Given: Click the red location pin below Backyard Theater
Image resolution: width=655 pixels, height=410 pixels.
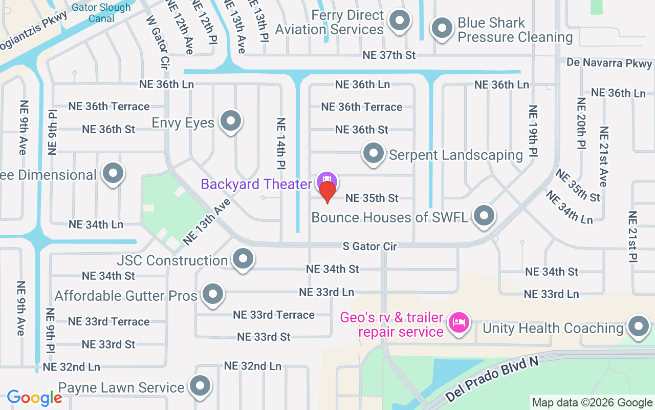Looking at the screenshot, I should pos(327,192).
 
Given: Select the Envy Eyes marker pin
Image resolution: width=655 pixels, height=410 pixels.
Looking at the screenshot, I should pos(230,121).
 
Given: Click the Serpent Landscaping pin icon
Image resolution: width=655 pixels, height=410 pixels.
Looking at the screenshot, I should pos(374,153).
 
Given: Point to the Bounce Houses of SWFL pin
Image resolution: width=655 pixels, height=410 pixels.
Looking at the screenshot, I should pos(484,216).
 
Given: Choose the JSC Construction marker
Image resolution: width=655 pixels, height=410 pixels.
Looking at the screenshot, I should pos(243,259).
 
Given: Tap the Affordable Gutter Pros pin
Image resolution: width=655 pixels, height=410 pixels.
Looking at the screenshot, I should pos(212,294).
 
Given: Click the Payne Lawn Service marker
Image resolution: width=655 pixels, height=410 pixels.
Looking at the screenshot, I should pos(200,386).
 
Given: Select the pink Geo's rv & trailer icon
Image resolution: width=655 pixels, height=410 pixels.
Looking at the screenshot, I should pos(459,322).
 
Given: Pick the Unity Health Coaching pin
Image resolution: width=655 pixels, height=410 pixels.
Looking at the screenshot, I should pos(638,326).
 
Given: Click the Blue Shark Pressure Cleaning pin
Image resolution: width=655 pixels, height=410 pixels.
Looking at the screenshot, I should pos(442,29).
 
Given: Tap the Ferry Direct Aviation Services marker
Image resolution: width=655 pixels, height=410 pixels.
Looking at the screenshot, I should pos(400,21).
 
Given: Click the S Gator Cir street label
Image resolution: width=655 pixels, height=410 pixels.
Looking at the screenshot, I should pos(370,247).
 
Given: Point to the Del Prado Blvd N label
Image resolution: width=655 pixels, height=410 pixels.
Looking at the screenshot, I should pos(492,380).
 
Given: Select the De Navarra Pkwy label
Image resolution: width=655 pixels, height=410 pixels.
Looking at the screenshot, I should pos(609,63).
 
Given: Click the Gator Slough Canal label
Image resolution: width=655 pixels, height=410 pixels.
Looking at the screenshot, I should pos(101,13).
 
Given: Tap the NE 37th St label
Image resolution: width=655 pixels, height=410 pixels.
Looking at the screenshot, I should pos(389,55).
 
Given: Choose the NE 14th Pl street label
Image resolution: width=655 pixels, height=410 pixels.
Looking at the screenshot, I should pos(281,143).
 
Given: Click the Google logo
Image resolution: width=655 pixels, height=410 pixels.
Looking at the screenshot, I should pos(34,398).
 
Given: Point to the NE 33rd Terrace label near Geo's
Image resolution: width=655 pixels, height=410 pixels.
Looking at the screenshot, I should pos(274,315).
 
